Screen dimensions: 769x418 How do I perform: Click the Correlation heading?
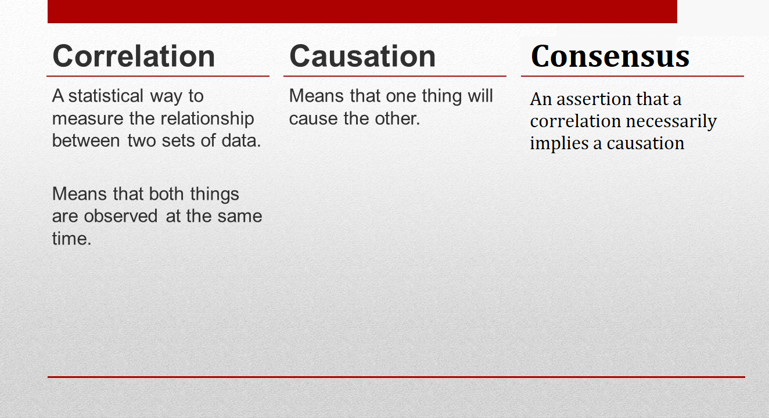[134, 56]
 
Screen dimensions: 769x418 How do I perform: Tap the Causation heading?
[362, 56]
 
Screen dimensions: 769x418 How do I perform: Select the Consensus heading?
[610, 56]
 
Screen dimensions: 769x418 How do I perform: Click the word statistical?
[105, 96]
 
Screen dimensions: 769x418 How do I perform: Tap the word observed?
[121, 216]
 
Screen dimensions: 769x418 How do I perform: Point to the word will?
[480, 96]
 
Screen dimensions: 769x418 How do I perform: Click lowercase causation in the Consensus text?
[645, 143]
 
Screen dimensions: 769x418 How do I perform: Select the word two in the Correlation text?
[142, 140]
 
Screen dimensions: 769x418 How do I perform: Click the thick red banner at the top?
[362, 12]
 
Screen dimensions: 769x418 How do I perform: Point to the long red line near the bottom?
[396, 377]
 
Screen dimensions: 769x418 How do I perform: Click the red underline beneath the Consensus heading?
[633, 76]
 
